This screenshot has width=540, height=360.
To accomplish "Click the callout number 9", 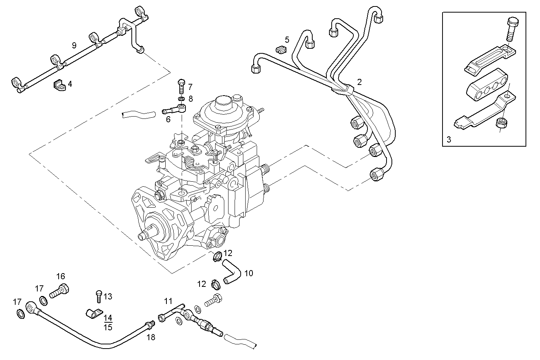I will pos(74,45).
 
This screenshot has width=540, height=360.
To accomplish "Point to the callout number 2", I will pos(359,82).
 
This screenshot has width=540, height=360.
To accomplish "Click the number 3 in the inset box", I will pos(449,139).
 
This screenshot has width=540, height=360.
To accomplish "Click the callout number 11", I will pos(168,301).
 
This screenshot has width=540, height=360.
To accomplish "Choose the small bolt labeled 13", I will pos(98,296).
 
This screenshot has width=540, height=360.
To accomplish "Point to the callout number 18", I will pos(151,337).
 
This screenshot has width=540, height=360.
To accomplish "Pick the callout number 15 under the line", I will pos(108,327).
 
